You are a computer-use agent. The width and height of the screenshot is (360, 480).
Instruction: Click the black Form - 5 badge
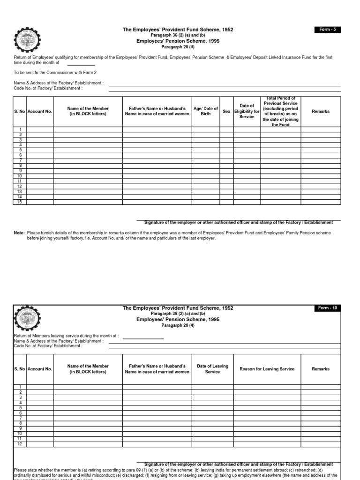coord(328,30)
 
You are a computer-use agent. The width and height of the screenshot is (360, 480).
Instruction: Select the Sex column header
coord(226,112)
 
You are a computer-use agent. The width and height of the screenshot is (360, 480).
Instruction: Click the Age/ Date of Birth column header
coord(206,112)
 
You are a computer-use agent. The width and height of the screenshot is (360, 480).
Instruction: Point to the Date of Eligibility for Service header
coord(247,112)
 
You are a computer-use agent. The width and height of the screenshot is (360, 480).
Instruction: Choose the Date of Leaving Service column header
coord(212,369)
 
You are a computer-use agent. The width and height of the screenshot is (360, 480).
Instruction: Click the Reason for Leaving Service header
coord(267,369)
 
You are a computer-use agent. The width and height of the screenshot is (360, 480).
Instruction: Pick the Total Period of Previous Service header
coord(281,112)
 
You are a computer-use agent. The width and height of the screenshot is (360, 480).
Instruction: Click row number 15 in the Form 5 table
coord(20,202)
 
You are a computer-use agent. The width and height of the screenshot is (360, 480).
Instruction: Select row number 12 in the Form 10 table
coord(20,444)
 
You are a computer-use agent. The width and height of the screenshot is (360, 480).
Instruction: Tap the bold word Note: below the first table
coord(19,233)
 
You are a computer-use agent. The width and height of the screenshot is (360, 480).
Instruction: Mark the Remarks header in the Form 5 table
coord(321,112)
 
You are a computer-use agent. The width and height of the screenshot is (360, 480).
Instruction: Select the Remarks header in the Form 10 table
coord(321,369)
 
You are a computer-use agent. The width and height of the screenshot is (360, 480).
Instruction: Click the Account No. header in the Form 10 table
coord(40,369)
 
